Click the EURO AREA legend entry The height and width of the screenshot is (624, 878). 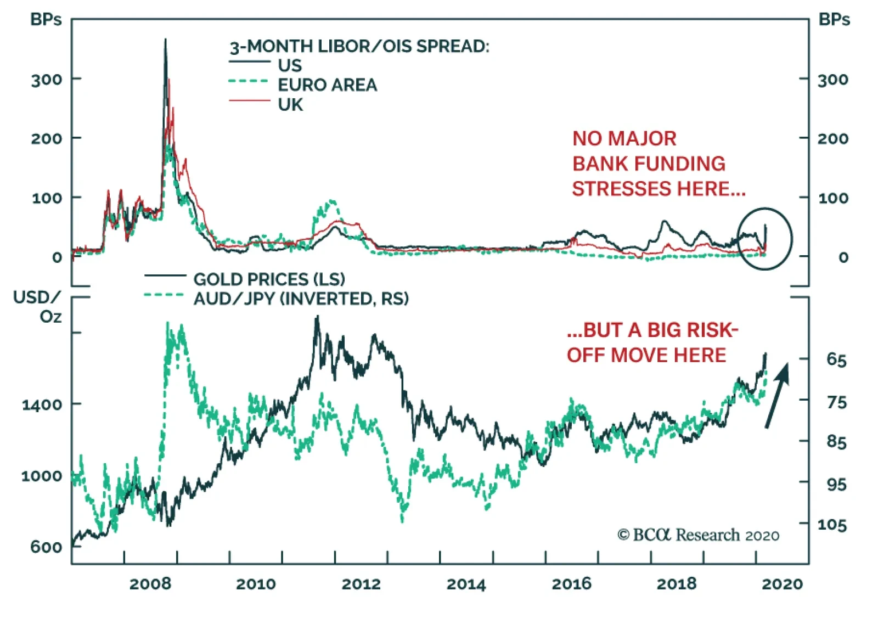point(327,85)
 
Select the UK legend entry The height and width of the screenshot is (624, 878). point(290,104)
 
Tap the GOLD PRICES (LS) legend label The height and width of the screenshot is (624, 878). point(269,279)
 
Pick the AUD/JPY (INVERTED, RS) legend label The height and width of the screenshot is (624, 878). point(301,299)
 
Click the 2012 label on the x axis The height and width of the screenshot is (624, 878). point(361,583)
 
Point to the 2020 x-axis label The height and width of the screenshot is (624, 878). point(782,583)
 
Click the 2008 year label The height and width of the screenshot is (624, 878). point(150,583)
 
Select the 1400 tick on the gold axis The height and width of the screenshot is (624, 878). point(42,405)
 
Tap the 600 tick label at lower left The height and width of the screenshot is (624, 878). point(46,547)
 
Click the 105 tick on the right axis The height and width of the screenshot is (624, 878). point(832,525)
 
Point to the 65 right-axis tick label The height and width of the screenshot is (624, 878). point(836,360)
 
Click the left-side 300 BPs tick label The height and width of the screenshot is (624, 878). point(47,80)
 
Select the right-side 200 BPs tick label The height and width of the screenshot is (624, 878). point(833,138)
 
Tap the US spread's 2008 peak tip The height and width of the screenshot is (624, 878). point(166,40)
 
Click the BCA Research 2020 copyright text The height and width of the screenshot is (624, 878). point(698,535)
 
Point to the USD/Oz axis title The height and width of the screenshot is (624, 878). point(38,307)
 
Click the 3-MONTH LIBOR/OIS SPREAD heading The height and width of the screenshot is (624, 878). point(359,46)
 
